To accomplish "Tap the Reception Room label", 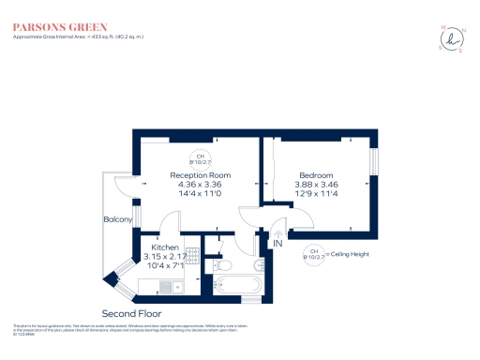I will point(200,175).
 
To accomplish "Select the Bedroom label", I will point(316,175).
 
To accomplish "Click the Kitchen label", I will point(153,247).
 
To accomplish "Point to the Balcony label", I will point(117,220).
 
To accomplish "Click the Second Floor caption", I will point(131,313).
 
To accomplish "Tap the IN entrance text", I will point(277,244).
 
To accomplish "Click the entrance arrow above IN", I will point(277,232).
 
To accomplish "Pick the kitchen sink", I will point(170,285).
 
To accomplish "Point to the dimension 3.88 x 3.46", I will point(316,185).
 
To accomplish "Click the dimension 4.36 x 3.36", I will point(200,185).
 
